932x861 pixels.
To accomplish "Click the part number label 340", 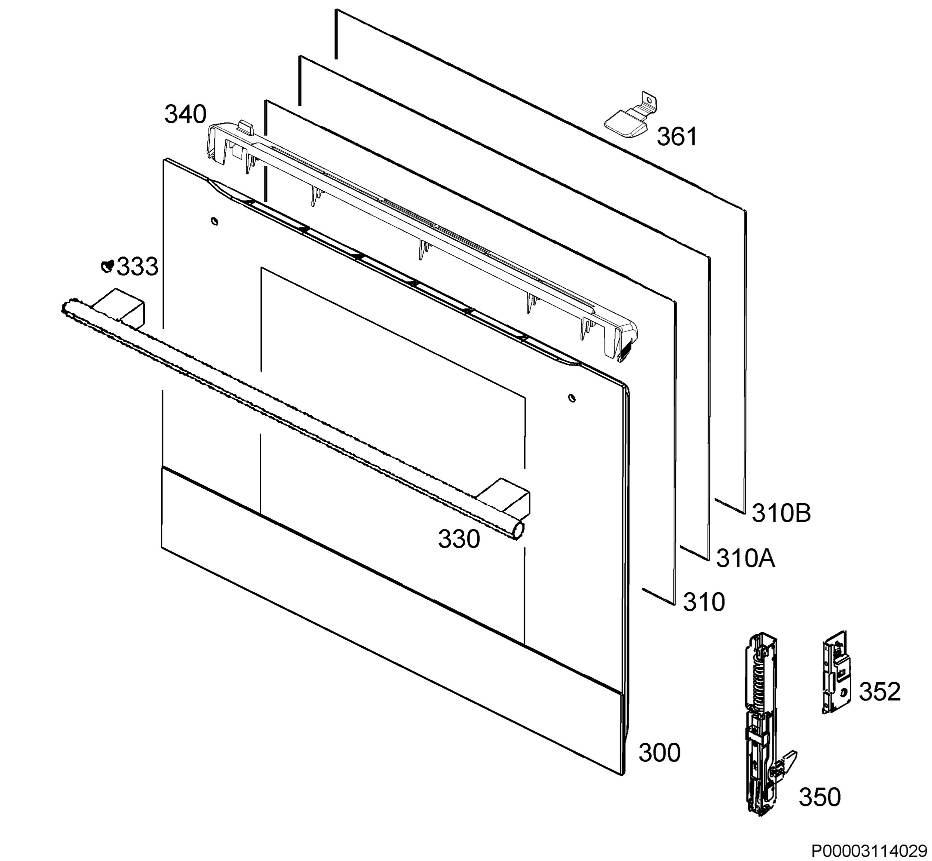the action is (185, 115).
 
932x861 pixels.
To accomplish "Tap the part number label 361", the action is (677, 137).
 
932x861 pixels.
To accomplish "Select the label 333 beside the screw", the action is (137, 267).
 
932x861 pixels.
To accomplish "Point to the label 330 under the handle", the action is (459, 539).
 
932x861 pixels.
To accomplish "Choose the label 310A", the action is (746, 558).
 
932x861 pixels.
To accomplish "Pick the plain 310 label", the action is (704, 602).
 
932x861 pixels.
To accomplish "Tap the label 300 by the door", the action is (659, 753).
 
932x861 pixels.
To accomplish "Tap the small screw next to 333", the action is (108, 266).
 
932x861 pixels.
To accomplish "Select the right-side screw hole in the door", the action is (572, 398).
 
